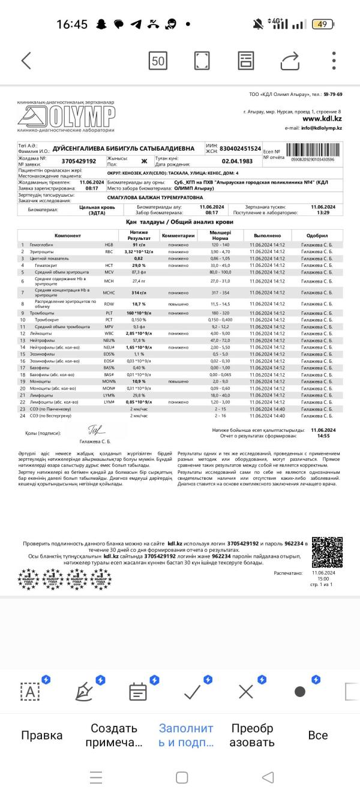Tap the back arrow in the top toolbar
26,61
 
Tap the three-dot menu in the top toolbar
334,61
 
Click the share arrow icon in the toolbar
289,61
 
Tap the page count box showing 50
158,61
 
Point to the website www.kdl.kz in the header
322,119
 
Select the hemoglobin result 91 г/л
139,245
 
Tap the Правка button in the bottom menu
41,735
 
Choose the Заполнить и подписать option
186,735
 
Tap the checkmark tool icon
193,692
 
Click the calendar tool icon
138,692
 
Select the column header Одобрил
317,236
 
